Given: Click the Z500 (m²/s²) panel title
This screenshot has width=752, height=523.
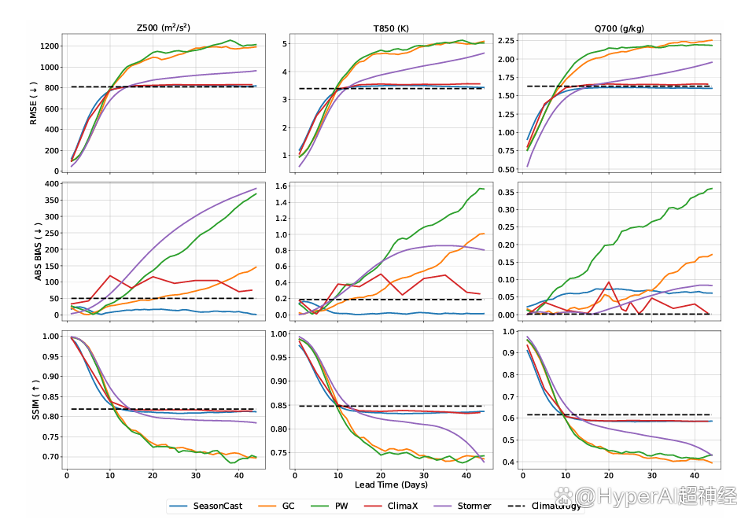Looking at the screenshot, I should [x=168, y=28].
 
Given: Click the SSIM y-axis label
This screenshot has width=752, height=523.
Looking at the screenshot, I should [x=34, y=400].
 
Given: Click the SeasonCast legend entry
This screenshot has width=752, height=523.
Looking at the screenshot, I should [x=208, y=505].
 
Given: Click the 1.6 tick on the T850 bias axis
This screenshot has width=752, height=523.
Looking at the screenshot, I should [x=280, y=186].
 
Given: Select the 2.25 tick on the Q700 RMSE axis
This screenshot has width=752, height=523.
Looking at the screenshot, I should [x=504, y=39].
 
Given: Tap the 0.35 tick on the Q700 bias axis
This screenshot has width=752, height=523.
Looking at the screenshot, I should [x=504, y=191].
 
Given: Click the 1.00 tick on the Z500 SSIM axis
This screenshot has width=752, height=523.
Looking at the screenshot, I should [x=49, y=336].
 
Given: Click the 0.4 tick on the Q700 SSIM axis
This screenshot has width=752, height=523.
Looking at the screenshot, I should [x=507, y=462].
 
